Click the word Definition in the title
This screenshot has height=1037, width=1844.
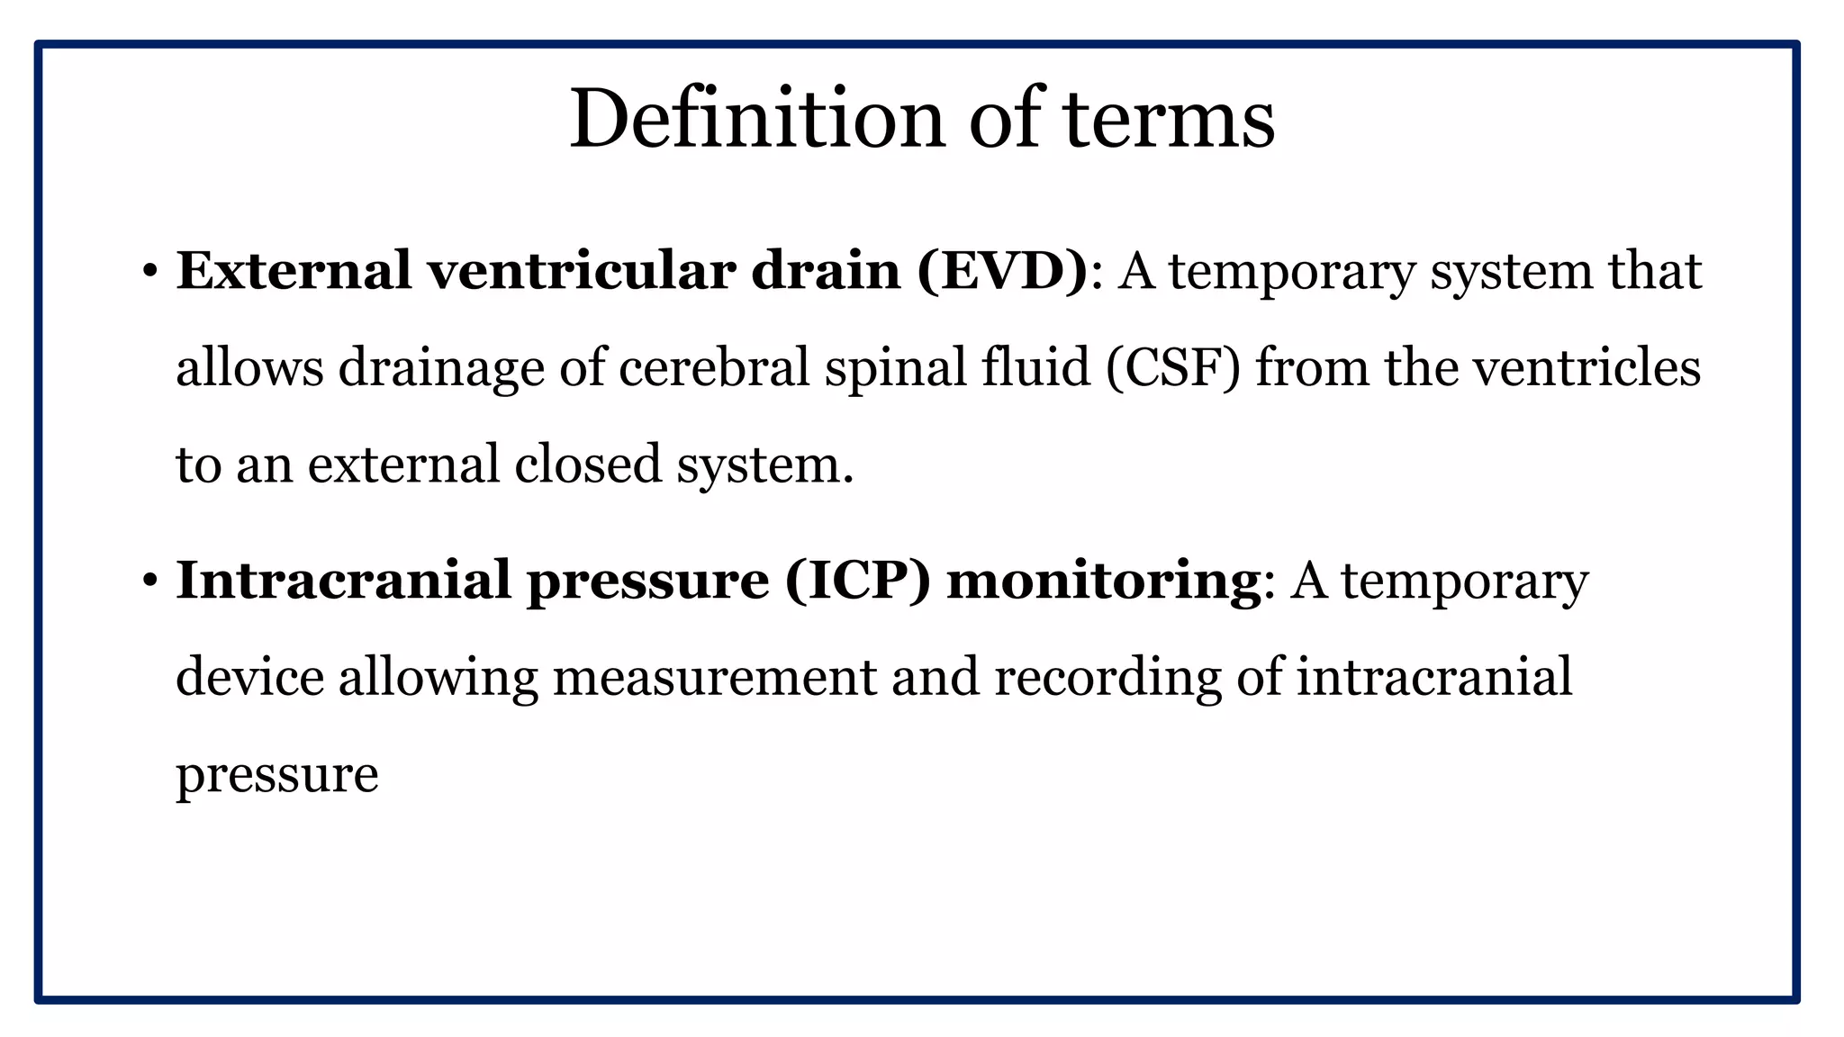pyautogui.click(x=757, y=119)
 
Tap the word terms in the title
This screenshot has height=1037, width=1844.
pyautogui.click(x=1169, y=119)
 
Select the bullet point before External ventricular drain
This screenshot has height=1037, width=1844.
pyautogui.click(x=149, y=272)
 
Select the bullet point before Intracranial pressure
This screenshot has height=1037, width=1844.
pyautogui.click(x=149, y=581)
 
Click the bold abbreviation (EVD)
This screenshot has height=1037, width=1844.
pyautogui.click(x=1003, y=271)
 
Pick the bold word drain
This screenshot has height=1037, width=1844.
pyautogui.click(x=826, y=271)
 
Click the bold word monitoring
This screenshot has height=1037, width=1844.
pyautogui.click(x=1103, y=582)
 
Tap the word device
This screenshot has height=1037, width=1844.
pyautogui.click(x=249, y=677)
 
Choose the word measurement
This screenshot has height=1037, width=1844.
pyautogui.click(x=714, y=677)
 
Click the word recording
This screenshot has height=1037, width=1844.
pyautogui.click(x=1107, y=679)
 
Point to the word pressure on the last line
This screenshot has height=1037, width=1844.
pyautogui.click(x=276, y=776)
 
